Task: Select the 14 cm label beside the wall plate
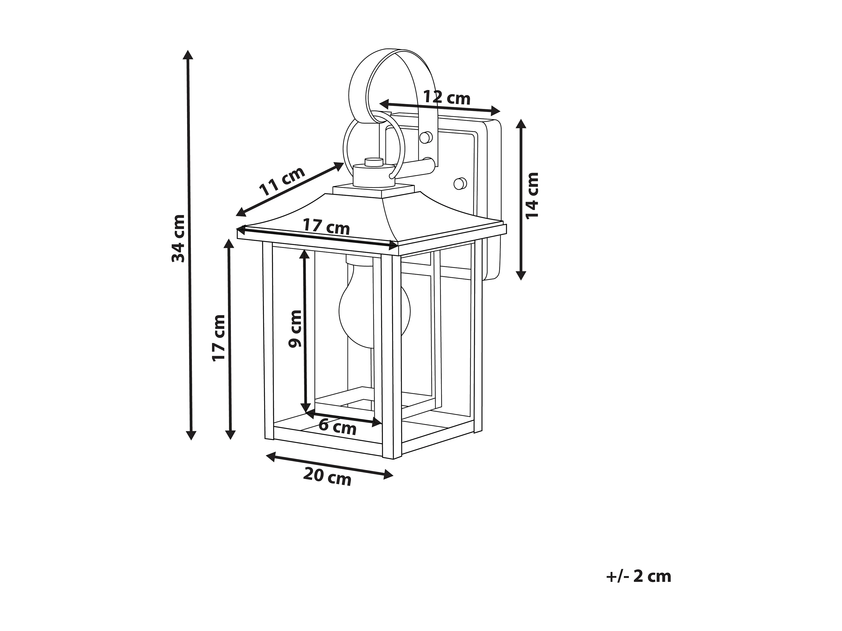tap(532, 195)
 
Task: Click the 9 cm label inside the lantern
tap(295, 329)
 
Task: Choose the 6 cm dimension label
tap(337, 427)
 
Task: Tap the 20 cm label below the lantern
tap(327, 477)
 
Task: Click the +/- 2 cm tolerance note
tap(638, 577)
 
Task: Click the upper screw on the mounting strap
tap(426, 137)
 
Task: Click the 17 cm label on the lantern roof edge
tap(326, 227)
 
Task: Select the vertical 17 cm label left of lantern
tap(219, 338)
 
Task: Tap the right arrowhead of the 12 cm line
tap(496, 111)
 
